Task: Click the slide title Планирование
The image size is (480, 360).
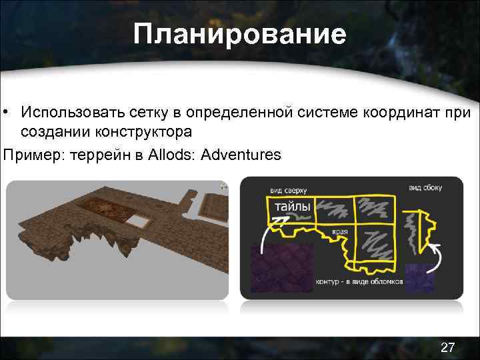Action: tap(239, 34)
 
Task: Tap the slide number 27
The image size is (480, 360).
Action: tap(448, 347)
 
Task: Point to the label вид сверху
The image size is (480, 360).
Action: tap(288, 189)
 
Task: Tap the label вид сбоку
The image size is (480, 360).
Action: tap(425, 188)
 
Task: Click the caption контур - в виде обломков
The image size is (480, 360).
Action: tap(359, 281)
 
